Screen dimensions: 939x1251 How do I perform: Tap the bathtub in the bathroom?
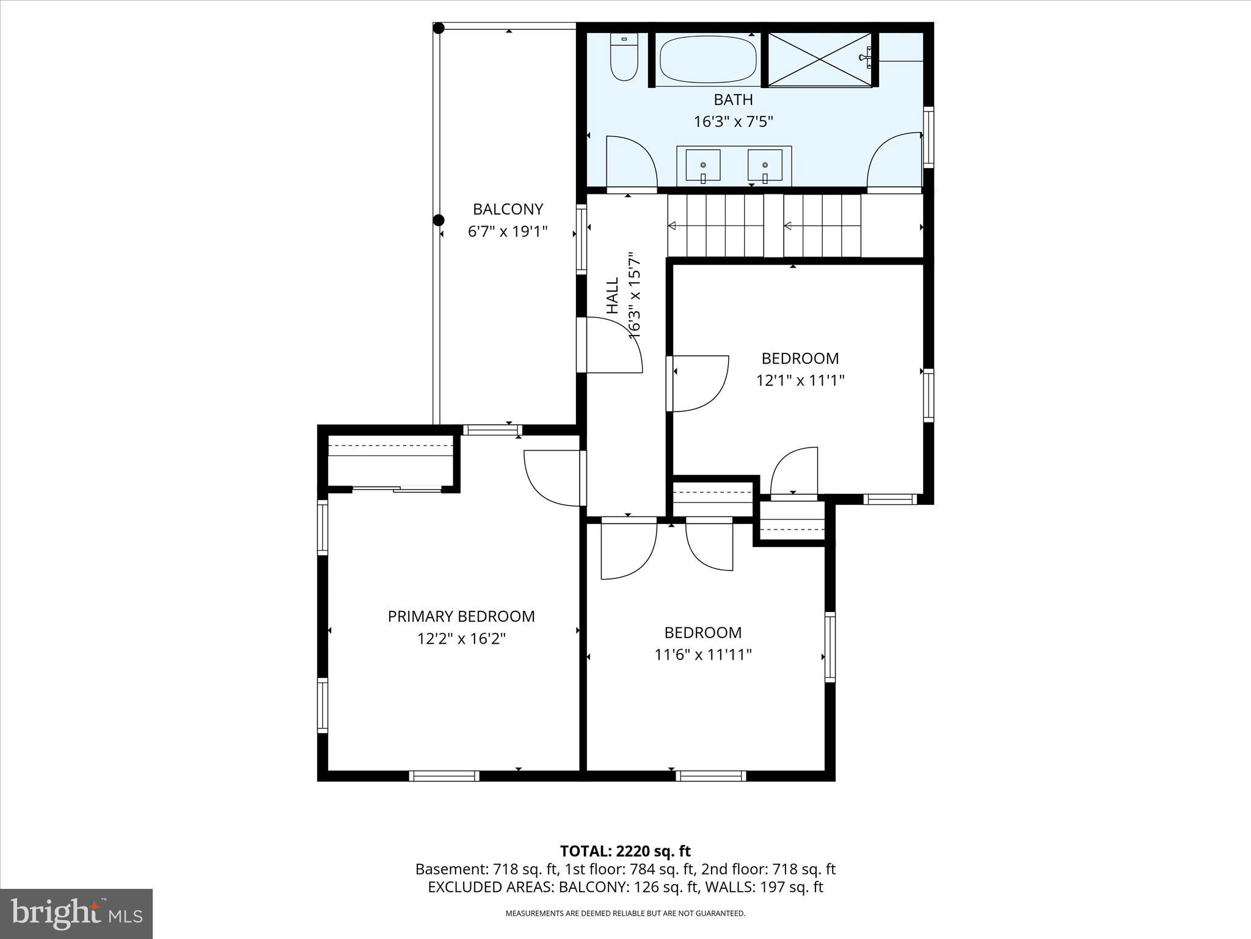[708, 59]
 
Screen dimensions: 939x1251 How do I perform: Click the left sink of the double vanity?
[703, 166]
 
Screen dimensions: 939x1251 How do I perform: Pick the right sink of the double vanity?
[765, 166]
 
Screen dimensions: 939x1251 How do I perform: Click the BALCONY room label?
[508, 209]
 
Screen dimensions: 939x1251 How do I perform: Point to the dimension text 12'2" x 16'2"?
[461, 639]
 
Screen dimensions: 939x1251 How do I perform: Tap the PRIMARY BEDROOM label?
[461, 616]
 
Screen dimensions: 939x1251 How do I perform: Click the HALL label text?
[612, 296]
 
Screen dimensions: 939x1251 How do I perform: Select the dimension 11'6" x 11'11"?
[702, 655]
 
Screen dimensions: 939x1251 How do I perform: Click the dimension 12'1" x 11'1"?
[800, 380]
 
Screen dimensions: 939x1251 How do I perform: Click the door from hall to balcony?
[610, 346]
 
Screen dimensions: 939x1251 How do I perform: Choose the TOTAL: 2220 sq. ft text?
[625, 851]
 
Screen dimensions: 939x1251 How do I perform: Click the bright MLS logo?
[76, 913]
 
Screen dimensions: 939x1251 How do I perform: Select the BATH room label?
[733, 100]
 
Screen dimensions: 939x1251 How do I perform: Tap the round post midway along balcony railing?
[438, 220]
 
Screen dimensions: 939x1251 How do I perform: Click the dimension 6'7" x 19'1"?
[508, 232]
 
